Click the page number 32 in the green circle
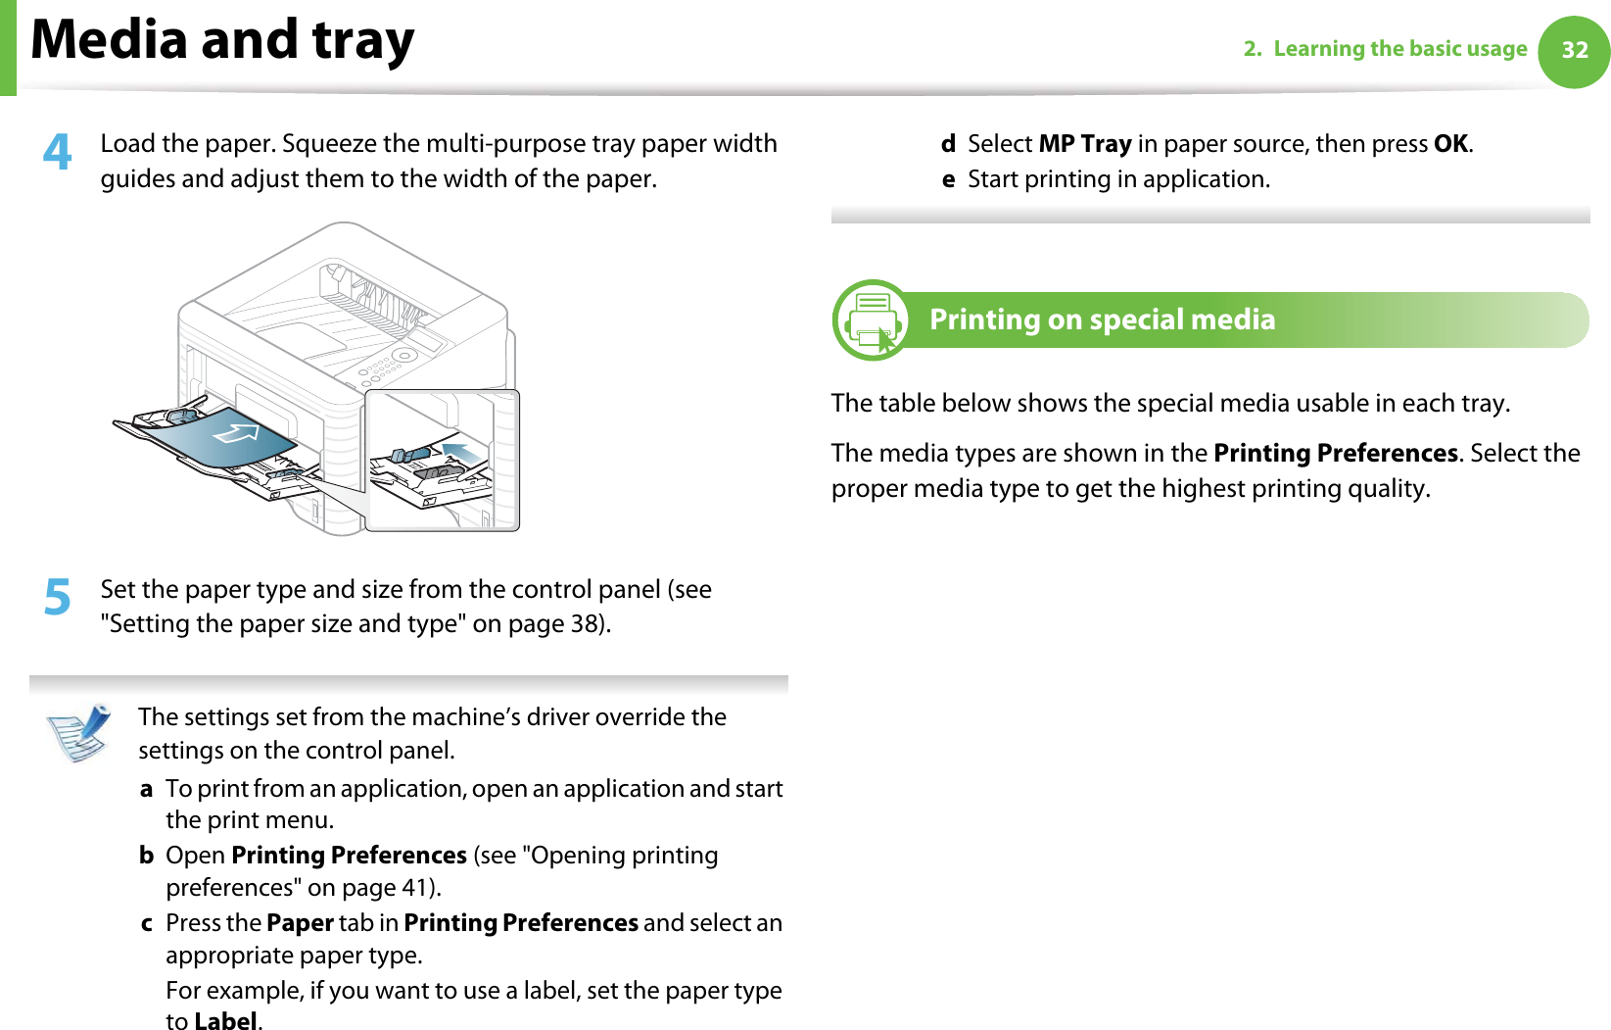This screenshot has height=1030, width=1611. (1574, 51)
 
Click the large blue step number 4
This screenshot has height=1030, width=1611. (58, 152)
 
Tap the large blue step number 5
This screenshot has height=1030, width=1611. (58, 597)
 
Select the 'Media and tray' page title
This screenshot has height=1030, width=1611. (222, 41)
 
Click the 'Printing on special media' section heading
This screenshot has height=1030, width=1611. (1102, 319)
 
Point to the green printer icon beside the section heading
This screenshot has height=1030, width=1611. (871, 320)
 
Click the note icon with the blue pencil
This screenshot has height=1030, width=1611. (79, 732)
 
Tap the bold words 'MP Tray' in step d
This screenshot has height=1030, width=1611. (1085, 144)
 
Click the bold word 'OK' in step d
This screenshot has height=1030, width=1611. (1450, 144)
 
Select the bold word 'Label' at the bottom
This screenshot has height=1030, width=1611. (225, 1021)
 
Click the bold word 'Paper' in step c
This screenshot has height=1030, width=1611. (300, 923)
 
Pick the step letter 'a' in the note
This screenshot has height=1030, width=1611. (146, 789)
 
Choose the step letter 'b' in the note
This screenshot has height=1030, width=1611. (146, 856)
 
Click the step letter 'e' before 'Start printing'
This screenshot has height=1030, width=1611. (948, 180)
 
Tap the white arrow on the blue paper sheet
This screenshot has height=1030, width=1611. (236, 431)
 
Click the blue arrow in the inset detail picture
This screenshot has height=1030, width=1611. (462, 452)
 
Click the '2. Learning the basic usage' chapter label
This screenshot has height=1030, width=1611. (1385, 49)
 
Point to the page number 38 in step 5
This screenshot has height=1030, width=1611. (584, 624)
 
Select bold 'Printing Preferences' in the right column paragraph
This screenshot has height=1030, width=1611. (1336, 454)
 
